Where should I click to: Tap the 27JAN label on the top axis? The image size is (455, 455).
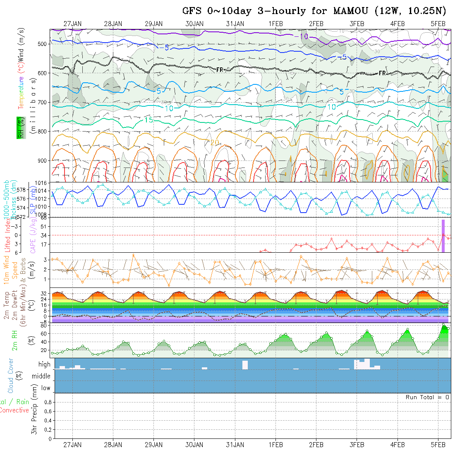(x=72, y=24)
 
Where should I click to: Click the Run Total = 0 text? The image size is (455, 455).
(x=427, y=397)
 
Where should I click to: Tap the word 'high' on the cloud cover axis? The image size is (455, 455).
(x=44, y=364)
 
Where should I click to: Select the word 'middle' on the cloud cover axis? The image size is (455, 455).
(x=41, y=376)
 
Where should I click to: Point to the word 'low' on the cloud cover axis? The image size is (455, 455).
(x=45, y=388)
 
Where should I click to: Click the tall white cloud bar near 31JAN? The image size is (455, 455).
(x=245, y=365)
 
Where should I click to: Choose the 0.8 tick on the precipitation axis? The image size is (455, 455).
(x=47, y=402)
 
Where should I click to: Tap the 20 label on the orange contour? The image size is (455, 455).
(x=214, y=143)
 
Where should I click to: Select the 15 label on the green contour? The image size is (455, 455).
(x=149, y=120)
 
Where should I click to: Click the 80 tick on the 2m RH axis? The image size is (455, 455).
(x=43, y=326)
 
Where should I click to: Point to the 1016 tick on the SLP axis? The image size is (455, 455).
(x=43, y=183)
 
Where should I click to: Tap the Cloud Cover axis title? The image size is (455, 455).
(x=11, y=376)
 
